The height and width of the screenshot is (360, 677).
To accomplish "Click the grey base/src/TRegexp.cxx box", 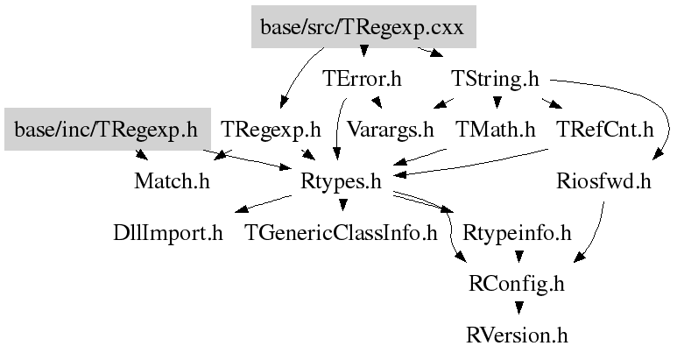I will (363, 28).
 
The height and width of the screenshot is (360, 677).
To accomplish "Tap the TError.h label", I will (362, 79).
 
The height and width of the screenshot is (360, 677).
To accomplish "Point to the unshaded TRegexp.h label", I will (272, 131).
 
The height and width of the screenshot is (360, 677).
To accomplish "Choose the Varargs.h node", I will (390, 131).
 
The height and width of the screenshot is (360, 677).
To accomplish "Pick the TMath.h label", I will (495, 131).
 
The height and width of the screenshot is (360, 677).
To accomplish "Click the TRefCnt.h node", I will (604, 131).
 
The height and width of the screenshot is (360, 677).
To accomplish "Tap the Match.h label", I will (172, 182).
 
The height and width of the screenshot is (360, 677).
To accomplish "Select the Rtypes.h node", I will (342, 182).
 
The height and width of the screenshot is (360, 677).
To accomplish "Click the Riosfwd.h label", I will (604, 182).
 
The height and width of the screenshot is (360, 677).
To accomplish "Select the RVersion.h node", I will (518, 335).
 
